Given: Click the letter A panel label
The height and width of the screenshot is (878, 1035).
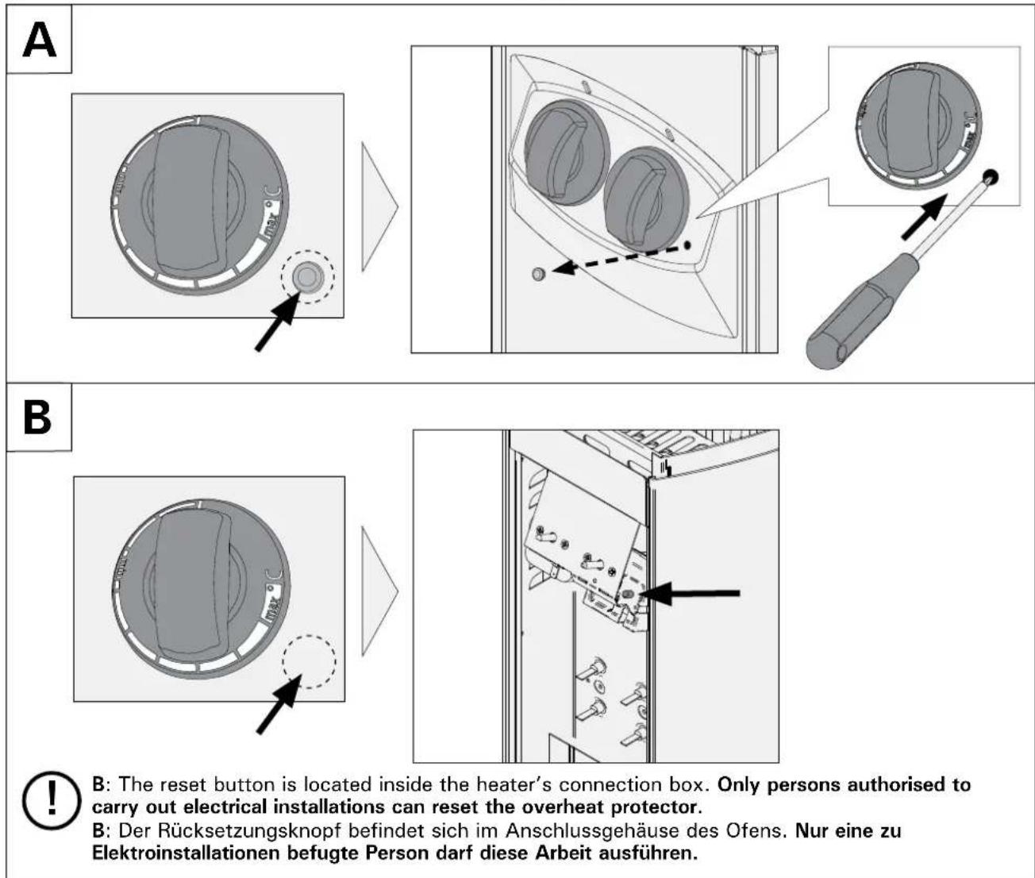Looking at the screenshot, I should [x=39, y=40].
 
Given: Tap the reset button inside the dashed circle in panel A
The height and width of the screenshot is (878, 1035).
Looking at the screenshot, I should [x=307, y=277].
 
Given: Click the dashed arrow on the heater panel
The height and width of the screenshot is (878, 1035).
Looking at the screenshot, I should [x=619, y=259].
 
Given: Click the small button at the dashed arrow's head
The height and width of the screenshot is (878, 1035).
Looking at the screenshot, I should [x=539, y=275].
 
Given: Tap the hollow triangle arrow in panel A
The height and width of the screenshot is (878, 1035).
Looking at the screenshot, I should [x=379, y=207].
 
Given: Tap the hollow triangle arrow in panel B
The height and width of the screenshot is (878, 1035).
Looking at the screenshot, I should [x=379, y=591].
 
